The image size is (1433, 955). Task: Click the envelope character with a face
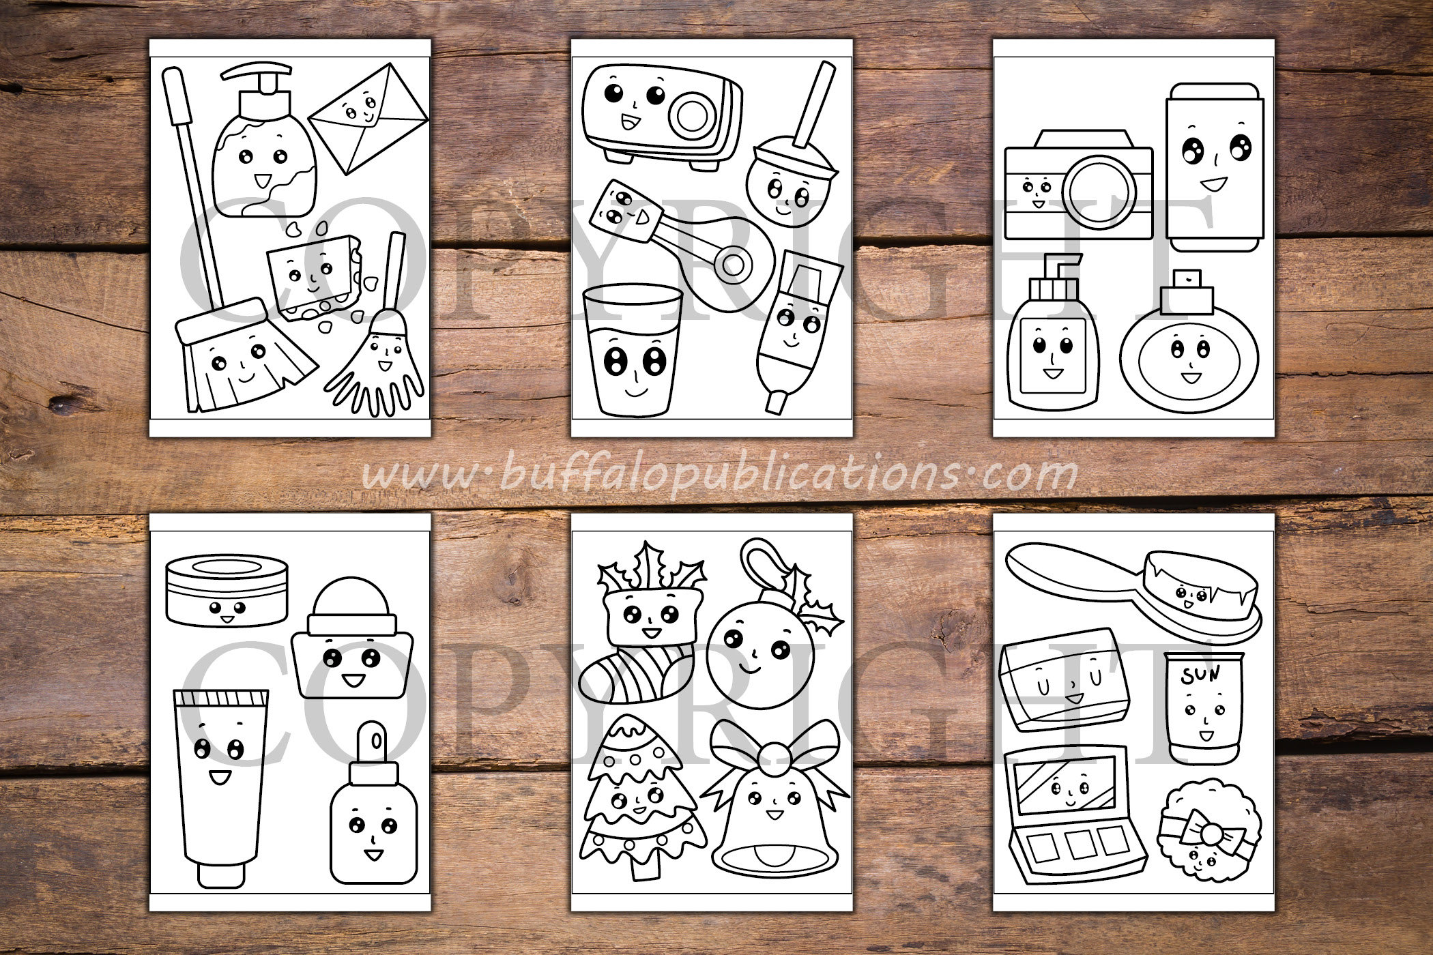point(368,117)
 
